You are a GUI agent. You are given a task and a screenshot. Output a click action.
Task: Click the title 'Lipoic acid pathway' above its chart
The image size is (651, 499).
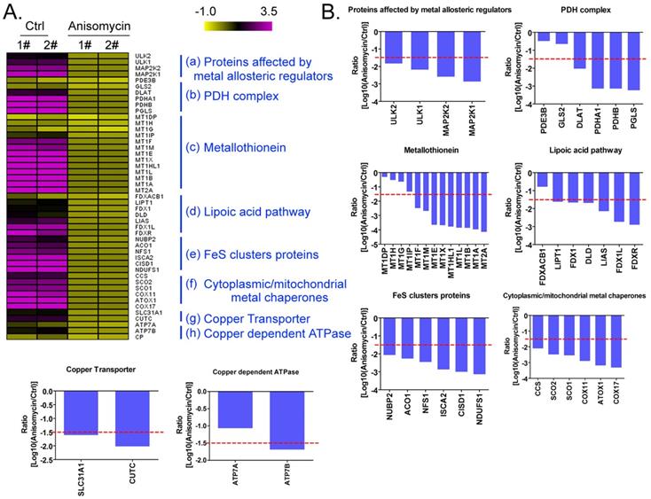(x=580, y=150)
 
